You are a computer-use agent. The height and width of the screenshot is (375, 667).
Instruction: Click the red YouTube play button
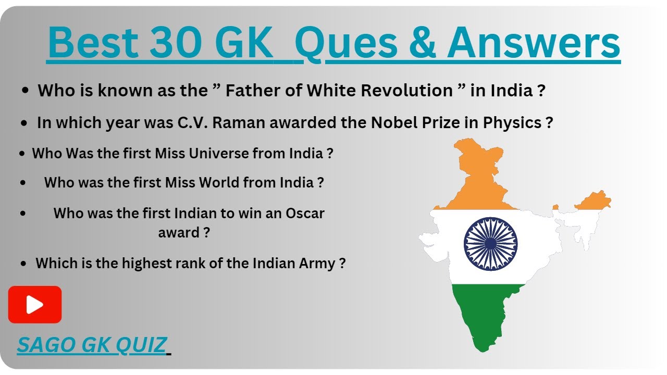[35, 305]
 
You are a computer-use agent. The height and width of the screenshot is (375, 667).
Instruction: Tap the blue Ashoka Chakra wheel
[490, 244]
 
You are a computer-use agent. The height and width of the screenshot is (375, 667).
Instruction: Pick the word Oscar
[305, 213]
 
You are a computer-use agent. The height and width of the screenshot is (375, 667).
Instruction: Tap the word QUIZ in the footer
[141, 345]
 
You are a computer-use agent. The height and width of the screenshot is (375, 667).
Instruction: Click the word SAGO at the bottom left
[42, 345]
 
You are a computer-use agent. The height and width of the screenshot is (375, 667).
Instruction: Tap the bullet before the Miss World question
[23, 183]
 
